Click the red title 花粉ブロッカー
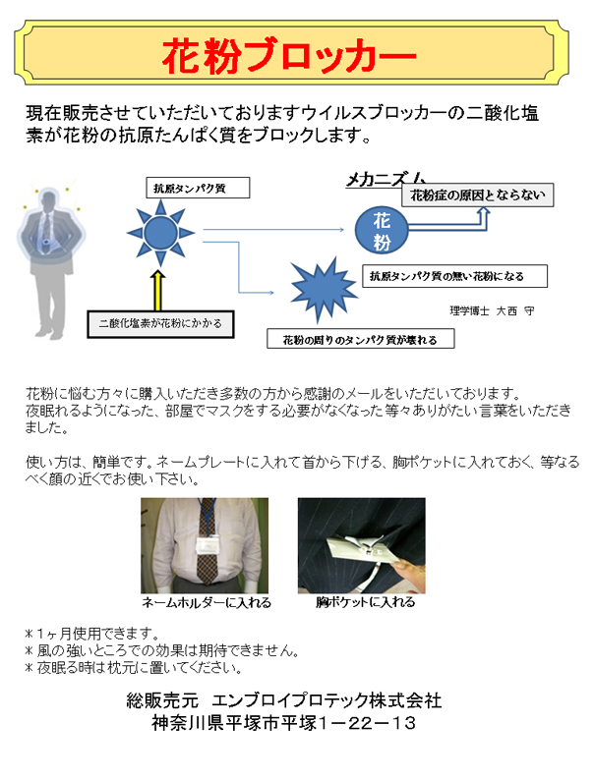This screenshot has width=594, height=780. pos(289,56)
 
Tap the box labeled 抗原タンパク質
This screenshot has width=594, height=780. pos(198,188)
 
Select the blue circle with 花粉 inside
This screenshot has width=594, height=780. pos(382,230)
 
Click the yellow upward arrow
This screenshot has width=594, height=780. pos(157,291)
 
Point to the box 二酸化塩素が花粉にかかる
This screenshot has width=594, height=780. pos(160,324)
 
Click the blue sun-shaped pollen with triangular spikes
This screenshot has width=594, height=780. pos(160,233)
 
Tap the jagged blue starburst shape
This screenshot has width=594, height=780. pos(324,289)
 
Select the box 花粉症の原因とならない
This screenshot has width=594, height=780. pos(478,195)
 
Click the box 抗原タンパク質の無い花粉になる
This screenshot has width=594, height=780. pos(454,276)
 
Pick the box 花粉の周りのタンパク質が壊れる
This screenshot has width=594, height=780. pos(361,338)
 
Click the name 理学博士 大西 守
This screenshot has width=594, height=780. pos(492,310)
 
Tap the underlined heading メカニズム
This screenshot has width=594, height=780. pos(386,179)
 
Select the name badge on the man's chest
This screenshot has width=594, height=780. pos(208,544)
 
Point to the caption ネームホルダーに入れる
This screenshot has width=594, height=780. pos(207,602)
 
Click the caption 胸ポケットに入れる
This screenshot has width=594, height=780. pos(366,602)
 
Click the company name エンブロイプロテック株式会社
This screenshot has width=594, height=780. pos(327,700)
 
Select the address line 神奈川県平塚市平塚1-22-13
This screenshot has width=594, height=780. pos(283,723)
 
